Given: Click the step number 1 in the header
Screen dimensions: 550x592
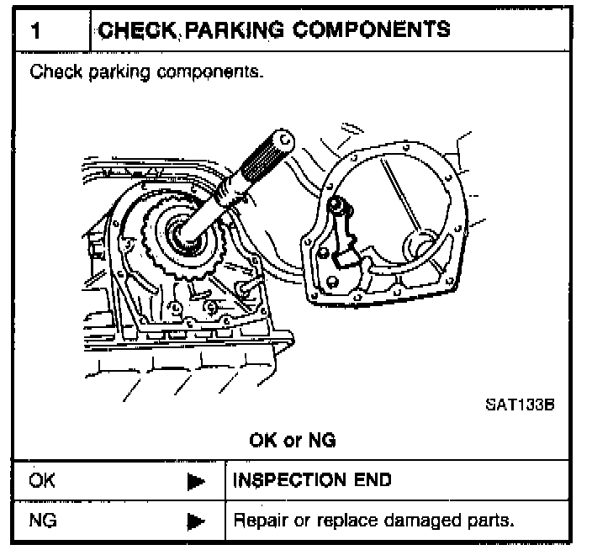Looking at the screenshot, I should pos(37,30).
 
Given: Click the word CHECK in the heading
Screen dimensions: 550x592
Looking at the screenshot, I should pos(133,29).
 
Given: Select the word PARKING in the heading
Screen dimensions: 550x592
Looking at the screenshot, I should pos(220,29).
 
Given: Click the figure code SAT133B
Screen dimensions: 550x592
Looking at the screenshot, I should pos(520,403).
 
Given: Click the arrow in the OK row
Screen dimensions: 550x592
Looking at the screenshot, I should pos(196,482).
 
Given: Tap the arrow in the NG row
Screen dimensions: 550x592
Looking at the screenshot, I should pos(196,521).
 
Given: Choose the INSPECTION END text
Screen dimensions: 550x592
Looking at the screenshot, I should pos(312,481).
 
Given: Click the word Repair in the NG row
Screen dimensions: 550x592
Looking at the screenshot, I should pos(257,521).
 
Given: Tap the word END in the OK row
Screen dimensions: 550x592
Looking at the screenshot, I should pos(373,481).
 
